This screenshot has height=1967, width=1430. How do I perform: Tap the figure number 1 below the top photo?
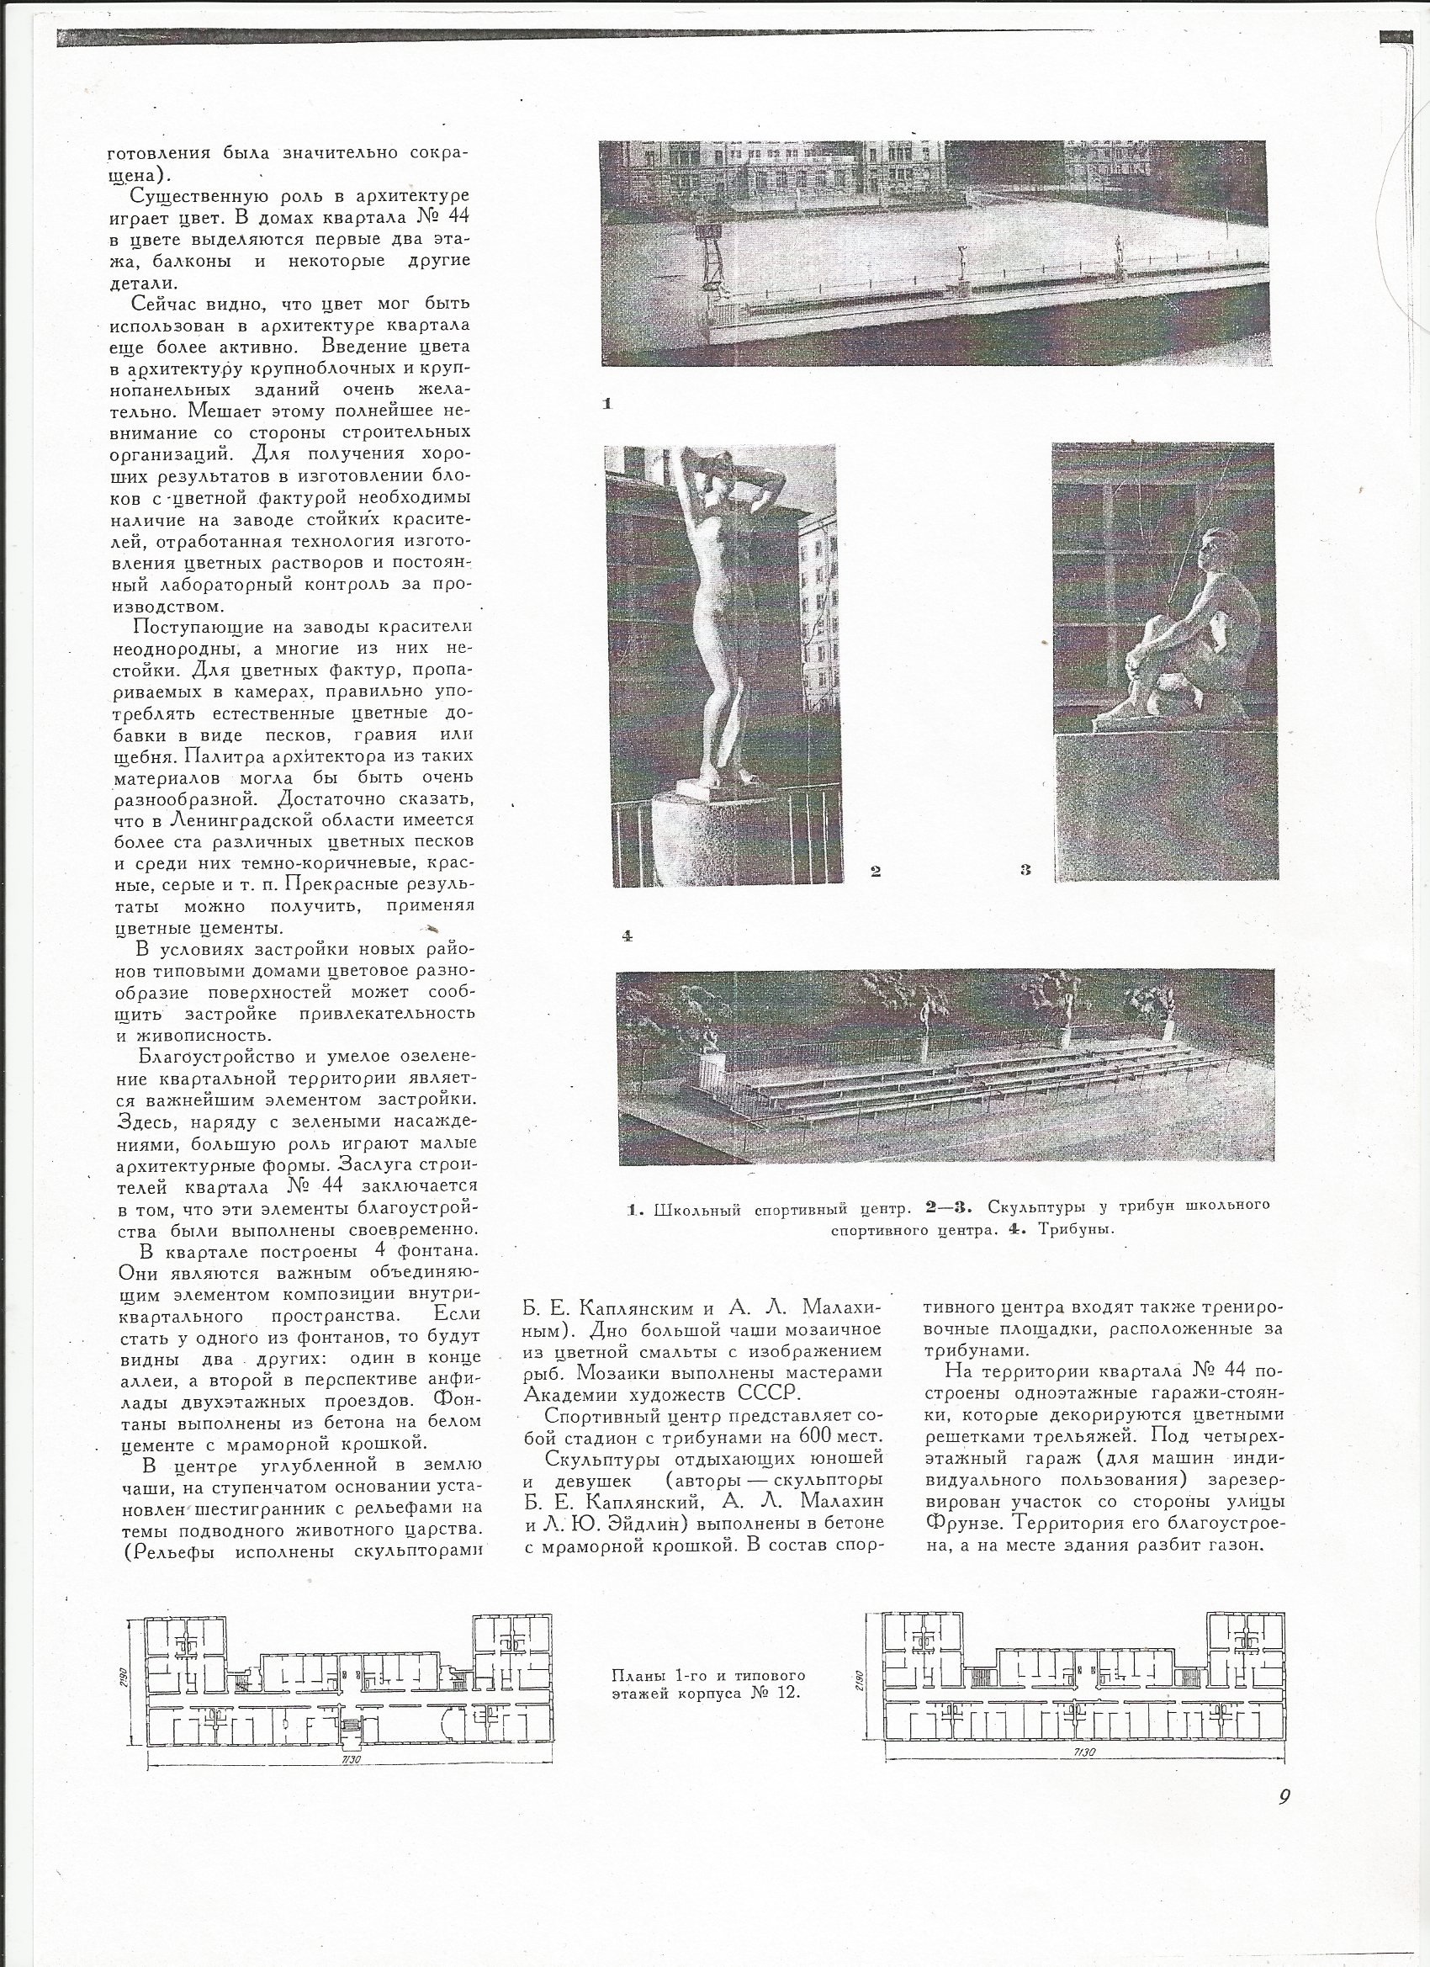tap(608, 403)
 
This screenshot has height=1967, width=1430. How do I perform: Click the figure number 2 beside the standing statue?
tap(876, 872)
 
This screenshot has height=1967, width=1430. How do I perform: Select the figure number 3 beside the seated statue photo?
tap(1025, 871)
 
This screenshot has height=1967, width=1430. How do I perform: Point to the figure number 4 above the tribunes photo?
tap(627, 936)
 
